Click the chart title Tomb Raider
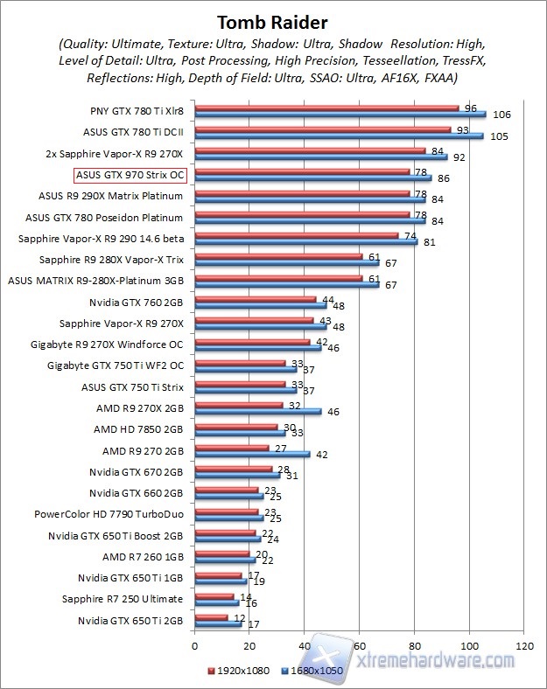point(273,20)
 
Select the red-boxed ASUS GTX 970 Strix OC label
point(134,174)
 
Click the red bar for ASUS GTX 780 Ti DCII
point(323,129)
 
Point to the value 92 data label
point(459,157)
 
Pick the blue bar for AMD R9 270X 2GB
point(258,411)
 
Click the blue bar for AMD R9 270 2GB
point(252,454)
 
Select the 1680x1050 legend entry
point(310,670)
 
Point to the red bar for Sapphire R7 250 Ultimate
point(214,596)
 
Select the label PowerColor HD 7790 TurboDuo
point(109,514)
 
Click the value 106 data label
point(501,115)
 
